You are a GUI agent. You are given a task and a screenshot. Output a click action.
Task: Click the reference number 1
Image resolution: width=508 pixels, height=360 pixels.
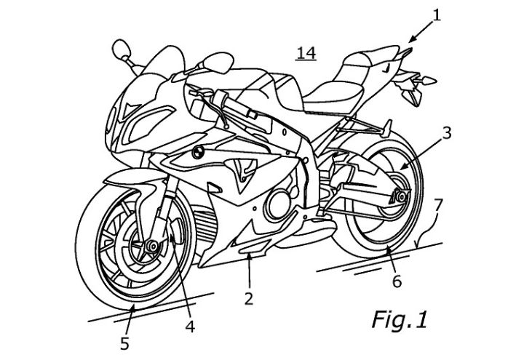437,15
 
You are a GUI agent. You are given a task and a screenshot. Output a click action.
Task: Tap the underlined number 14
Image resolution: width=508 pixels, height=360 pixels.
306,53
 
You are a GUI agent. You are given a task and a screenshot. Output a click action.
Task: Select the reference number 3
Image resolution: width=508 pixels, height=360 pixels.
447,133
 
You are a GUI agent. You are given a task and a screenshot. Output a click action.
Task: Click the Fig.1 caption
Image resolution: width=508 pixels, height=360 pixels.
400,319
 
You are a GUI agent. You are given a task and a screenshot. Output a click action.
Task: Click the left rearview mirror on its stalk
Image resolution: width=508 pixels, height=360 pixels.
121,49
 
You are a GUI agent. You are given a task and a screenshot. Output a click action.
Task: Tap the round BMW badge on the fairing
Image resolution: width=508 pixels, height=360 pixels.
197,152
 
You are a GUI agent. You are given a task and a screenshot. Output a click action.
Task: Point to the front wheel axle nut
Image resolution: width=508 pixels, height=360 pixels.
151,246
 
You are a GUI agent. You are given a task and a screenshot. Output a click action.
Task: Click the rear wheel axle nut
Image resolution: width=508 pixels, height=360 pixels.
402,196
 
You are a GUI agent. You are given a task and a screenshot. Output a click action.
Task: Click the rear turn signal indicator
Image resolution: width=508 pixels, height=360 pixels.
428,80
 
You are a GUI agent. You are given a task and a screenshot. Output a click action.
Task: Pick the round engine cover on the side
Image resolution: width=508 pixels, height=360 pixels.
277,204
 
